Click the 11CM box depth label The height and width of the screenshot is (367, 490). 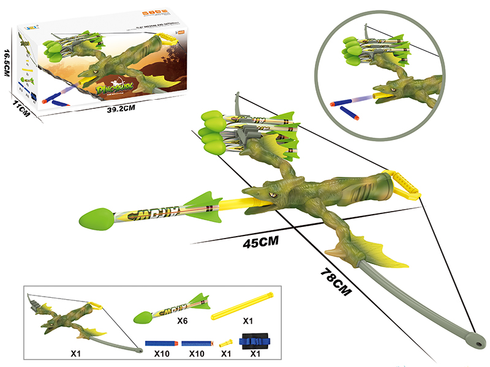pos(21,112)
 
